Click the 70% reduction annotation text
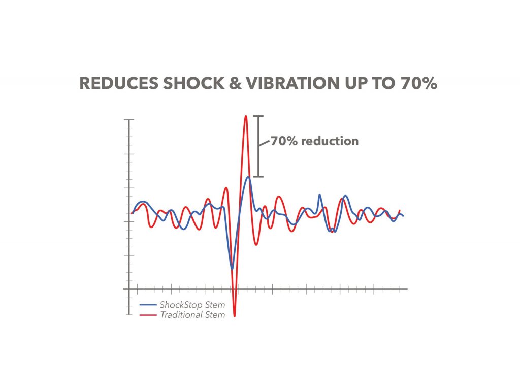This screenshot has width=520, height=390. click(314, 141)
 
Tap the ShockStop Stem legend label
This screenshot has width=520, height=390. click(192, 305)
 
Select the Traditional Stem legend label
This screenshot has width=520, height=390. click(192, 315)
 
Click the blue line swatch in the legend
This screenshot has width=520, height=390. click(148, 305)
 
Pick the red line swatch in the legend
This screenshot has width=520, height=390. click(148, 315)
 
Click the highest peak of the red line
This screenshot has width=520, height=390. click(246, 116)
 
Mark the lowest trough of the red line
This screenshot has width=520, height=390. click(235, 316)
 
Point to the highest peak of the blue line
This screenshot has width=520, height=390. click(248, 177)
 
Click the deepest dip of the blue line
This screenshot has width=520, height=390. click(232, 269)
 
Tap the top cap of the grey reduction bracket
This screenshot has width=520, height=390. click(259, 117)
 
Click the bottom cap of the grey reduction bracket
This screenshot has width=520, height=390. click(259, 177)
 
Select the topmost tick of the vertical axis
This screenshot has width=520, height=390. click(130, 120)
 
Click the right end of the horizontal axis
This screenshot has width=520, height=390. click(407, 289)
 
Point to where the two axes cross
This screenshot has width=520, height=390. click(130, 289)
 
